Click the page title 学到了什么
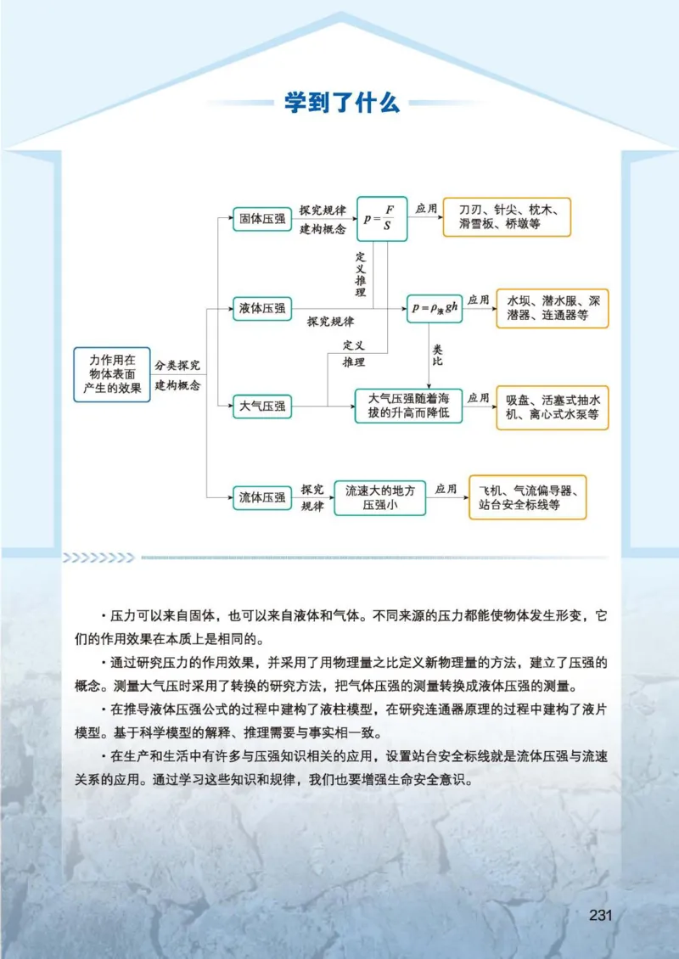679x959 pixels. [x=341, y=104]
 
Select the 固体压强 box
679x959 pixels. [x=262, y=218]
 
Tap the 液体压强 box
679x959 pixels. [x=262, y=308]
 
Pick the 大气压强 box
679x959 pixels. [x=262, y=407]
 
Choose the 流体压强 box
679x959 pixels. [x=262, y=497]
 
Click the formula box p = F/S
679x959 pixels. [x=381, y=218]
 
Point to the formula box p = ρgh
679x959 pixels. [x=435, y=308]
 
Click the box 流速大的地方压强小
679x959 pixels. [x=379, y=497]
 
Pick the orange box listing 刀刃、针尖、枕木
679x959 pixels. [x=507, y=216]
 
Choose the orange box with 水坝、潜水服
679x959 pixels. [x=553, y=308]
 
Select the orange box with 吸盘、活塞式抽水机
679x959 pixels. [x=553, y=407]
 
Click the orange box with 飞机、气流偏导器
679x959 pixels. [x=528, y=497]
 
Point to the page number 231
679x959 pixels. [x=600, y=915]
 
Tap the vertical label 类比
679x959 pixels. [x=438, y=355]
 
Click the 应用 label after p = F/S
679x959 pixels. [x=425, y=208]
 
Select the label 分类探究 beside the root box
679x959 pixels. [x=177, y=365]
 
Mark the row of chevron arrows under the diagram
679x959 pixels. [x=98, y=558]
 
